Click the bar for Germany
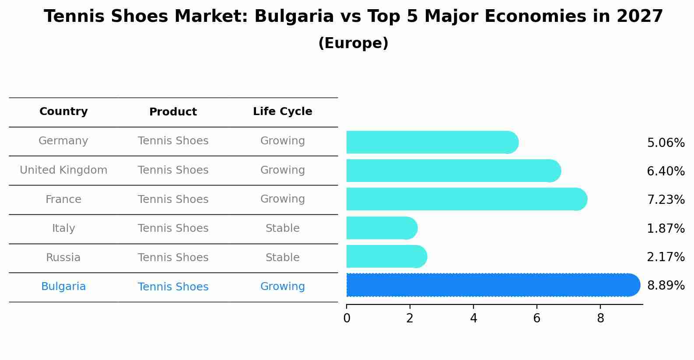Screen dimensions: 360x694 tap(431, 142)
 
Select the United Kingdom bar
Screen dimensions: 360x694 tap(453, 171)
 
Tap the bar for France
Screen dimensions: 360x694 tap(466, 199)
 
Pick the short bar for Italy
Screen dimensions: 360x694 tap(381, 228)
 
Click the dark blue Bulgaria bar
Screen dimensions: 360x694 tap(492, 285)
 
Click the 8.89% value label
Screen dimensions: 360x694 tap(666, 286)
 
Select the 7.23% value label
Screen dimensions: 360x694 tap(666, 200)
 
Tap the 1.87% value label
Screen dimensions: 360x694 tap(666, 228)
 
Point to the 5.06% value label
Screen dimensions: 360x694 tap(666, 143)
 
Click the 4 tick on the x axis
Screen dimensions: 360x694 tap(473, 318)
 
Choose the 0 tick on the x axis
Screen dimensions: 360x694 tap(347, 318)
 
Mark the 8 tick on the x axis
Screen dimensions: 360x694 tap(600, 318)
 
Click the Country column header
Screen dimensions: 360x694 tap(63, 112)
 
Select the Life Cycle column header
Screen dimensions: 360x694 tap(282, 112)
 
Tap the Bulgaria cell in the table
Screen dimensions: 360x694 tap(63, 287)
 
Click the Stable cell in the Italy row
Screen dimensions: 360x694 tap(282, 228)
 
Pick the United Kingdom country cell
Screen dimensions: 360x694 tap(63, 170)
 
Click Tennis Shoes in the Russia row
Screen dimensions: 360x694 tap(173, 258)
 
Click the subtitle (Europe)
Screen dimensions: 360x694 tap(353, 43)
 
